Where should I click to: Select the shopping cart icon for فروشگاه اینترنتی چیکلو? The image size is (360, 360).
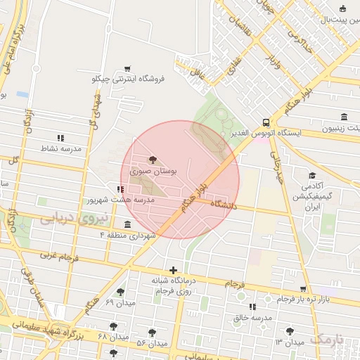(127, 69)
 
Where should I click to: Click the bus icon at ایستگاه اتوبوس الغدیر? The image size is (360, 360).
(265, 121)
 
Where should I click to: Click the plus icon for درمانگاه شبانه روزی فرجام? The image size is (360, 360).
(173, 270)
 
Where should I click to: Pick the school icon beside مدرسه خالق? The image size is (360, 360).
(252, 307)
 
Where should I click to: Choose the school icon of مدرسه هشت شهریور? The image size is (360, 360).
(122, 189)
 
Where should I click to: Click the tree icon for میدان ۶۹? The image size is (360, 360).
(121, 291)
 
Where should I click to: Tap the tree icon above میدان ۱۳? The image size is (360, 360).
(288, 331)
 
